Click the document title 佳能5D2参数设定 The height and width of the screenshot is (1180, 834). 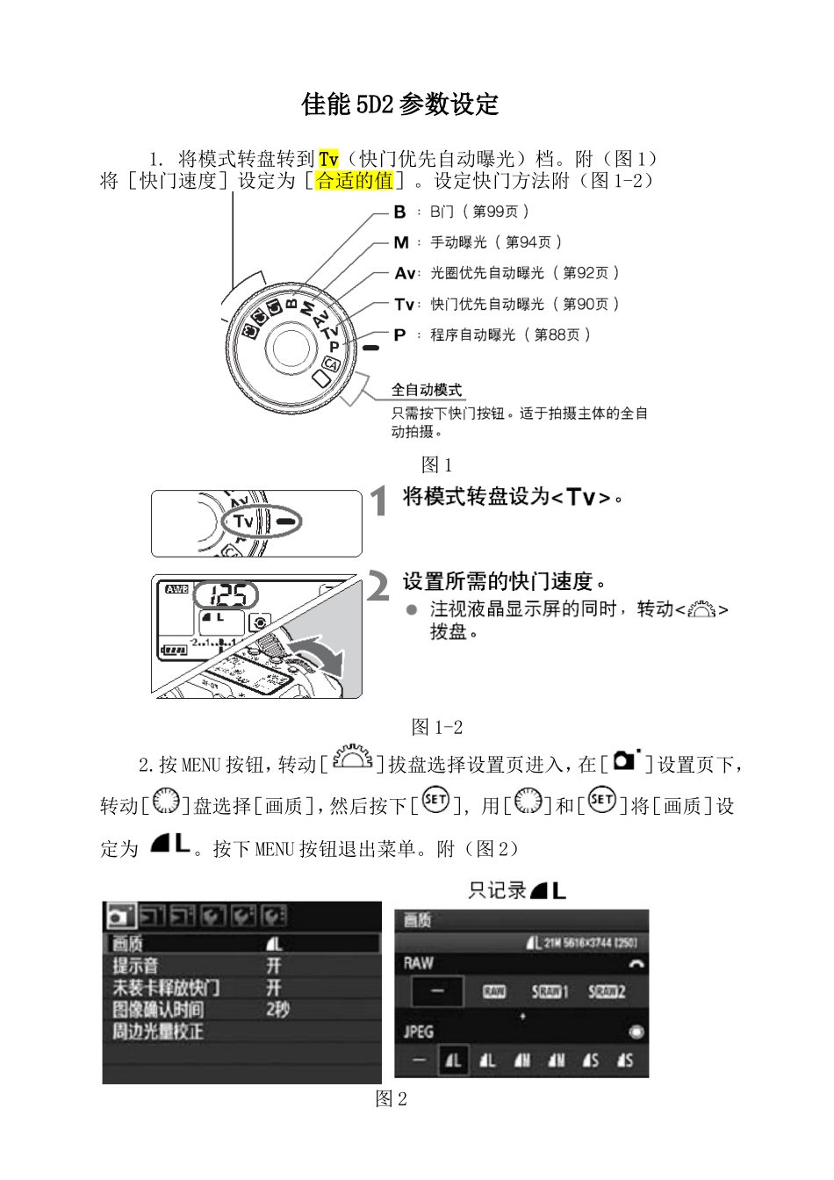(x=399, y=104)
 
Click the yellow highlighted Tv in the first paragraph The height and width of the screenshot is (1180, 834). (x=328, y=159)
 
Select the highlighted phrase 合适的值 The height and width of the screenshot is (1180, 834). (x=355, y=181)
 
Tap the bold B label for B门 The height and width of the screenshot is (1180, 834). (x=399, y=212)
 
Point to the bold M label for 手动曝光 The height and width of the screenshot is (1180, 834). (x=400, y=242)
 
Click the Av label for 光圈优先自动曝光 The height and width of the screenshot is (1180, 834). (x=404, y=273)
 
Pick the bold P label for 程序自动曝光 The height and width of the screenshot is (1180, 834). (x=399, y=335)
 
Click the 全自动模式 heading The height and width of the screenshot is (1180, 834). (x=427, y=390)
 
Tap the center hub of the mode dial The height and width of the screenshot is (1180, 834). (x=290, y=349)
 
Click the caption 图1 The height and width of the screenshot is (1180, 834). (x=436, y=464)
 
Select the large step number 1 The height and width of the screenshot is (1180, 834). (x=378, y=502)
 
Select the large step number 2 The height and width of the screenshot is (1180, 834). (x=377, y=586)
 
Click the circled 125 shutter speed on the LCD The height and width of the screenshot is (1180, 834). (x=226, y=595)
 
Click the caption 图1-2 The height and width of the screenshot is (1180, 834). (x=436, y=727)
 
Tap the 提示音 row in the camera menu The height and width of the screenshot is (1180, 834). (x=136, y=966)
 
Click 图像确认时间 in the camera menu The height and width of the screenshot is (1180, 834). (x=158, y=1010)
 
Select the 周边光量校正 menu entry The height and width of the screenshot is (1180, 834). (x=158, y=1032)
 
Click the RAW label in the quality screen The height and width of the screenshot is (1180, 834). (x=419, y=962)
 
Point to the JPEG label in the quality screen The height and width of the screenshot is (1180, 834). (x=419, y=1032)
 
